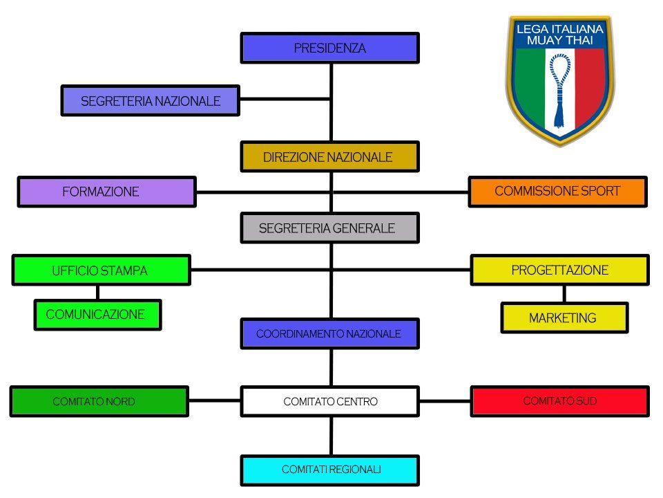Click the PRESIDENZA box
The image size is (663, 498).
coord(329,48)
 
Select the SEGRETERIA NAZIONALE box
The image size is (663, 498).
coord(150,101)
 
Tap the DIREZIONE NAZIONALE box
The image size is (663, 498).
coord(329,157)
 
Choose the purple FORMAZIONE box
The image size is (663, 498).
coord(106,192)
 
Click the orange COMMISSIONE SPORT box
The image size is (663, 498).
coord(557,192)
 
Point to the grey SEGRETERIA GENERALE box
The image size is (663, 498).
coord(329,228)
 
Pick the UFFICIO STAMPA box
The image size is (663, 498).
coord(101,270)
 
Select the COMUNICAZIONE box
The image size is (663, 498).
coord(97,315)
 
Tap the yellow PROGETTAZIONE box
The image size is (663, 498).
coord(559,270)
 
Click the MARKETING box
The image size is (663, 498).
coord(564,318)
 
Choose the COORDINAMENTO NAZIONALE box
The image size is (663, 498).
coord(329,334)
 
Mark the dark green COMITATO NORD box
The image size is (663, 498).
coord(99,401)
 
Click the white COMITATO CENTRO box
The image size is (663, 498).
coord(329,401)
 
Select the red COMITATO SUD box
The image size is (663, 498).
coord(559,401)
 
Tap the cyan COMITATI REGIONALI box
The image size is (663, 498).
coord(329,470)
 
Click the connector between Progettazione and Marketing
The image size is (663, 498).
coord(564,294)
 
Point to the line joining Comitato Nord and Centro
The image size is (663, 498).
coord(214,400)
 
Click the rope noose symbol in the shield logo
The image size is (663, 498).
coord(560,86)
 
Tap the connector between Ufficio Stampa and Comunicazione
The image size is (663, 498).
coord(97,293)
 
